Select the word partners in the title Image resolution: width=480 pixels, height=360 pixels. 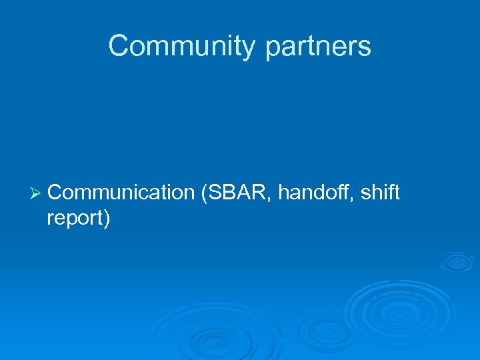click(318, 47)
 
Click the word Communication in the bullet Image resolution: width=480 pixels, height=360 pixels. click(121, 193)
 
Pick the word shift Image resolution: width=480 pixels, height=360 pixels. click(382, 193)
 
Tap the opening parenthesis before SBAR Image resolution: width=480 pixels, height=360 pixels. click(203, 193)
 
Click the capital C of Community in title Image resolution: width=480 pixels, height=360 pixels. click(118, 46)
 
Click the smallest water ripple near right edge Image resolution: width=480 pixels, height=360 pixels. click(457, 261)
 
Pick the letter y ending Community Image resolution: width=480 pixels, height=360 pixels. click(249, 49)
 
